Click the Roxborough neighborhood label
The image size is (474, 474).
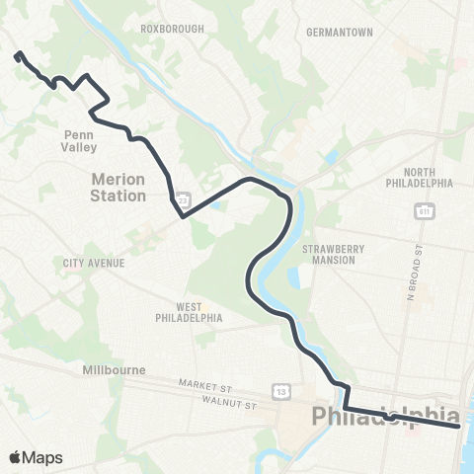coord(172,29)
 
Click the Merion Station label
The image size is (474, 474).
coord(118,188)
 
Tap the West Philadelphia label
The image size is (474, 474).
coord(188,313)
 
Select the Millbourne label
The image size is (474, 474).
coord(114,370)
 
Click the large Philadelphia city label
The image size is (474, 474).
coord(385,416)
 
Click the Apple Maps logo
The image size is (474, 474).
coord(36,457)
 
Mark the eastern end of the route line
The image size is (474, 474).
coord(459,427)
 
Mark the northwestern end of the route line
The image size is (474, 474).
coord(17,55)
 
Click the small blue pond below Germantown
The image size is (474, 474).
coord(331,157)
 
